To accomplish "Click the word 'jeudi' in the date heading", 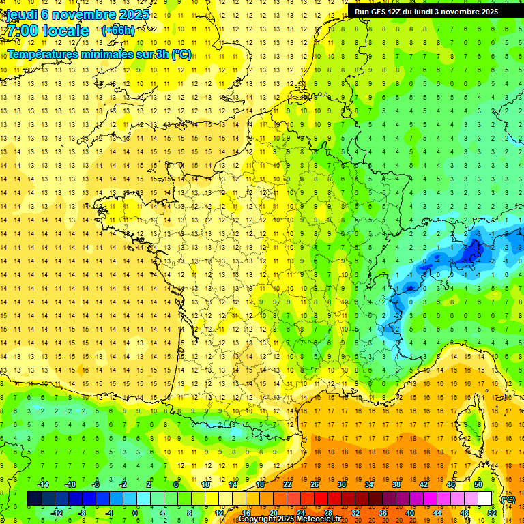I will tap(21, 14).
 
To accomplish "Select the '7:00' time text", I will tap(21, 31).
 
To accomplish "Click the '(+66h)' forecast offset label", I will tap(118, 30).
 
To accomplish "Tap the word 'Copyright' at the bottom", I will tap(257, 519).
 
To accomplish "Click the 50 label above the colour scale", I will tap(478, 484).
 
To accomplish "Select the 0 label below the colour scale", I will tap(135, 513).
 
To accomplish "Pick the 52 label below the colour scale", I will tap(492, 513).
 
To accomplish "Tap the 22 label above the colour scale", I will tap(287, 484).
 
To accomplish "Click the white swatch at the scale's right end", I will tap(484, 499).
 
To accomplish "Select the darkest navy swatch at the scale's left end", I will tap(34, 499).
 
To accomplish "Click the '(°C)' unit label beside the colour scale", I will tap(508, 499).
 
